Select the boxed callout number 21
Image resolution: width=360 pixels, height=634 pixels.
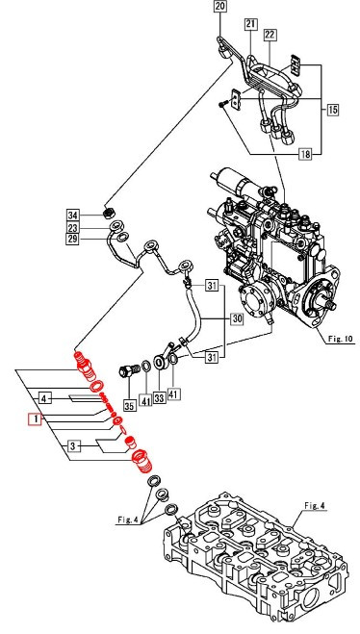pos(249,23)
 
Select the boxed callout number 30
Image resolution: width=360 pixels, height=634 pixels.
pos(235,319)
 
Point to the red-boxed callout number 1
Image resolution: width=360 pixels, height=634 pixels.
pos(34,419)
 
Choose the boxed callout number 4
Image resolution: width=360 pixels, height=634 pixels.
pos(44,397)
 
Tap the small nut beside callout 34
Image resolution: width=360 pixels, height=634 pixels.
pos(110,214)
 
